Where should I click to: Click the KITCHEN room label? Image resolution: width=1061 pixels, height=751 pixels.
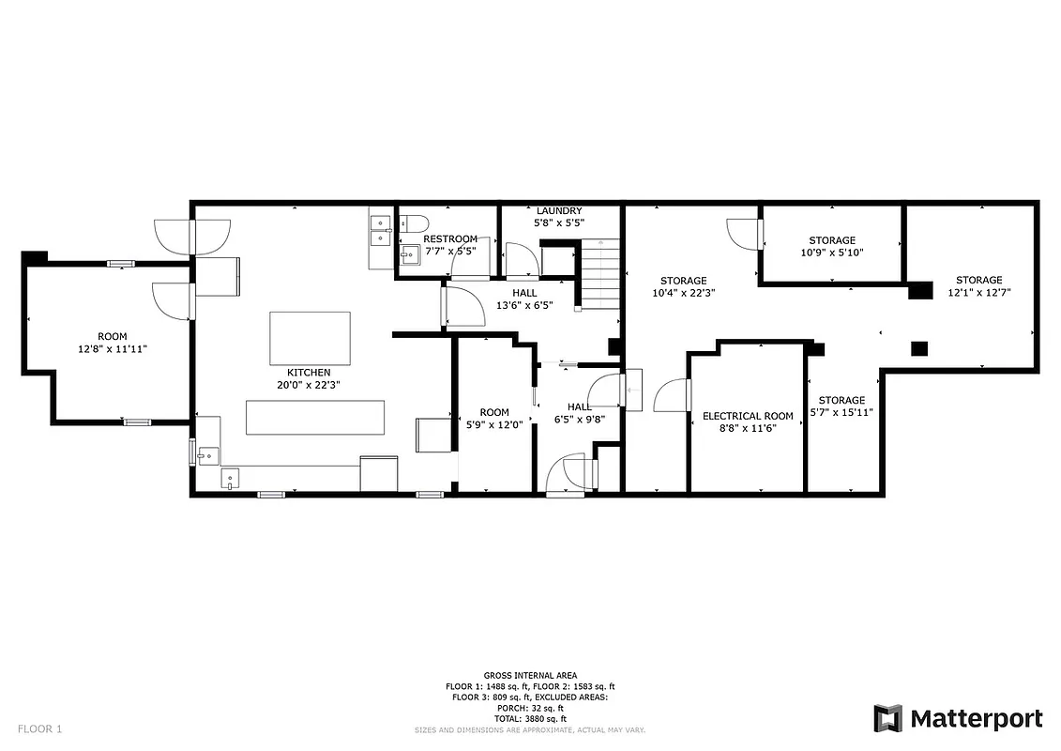click(309, 373)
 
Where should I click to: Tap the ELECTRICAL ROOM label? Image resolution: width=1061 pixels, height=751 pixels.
click(748, 416)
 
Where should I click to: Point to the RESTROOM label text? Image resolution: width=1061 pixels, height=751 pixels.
click(450, 239)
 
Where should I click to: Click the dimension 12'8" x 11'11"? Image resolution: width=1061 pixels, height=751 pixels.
click(112, 348)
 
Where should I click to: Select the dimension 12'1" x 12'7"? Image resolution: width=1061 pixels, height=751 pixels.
click(978, 292)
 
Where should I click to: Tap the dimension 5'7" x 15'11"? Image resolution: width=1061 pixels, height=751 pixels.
click(841, 412)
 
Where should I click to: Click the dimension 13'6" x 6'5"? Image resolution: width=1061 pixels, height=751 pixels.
click(524, 305)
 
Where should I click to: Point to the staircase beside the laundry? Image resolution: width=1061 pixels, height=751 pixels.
click(599, 274)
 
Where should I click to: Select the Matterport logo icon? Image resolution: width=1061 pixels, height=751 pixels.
click(887, 718)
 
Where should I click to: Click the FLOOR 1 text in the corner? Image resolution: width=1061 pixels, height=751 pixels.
click(39, 728)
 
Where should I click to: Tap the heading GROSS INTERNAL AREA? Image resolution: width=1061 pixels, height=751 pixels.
click(530, 675)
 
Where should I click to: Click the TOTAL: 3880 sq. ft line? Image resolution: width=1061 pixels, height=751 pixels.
click(530, 719)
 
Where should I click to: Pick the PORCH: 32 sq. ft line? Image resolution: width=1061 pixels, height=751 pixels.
click(530, 708)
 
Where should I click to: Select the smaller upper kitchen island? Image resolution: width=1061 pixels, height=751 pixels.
click(310, 338)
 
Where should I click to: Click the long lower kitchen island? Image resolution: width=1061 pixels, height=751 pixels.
click(315, 417)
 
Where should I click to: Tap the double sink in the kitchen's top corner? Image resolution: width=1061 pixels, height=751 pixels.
click(381, 231)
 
